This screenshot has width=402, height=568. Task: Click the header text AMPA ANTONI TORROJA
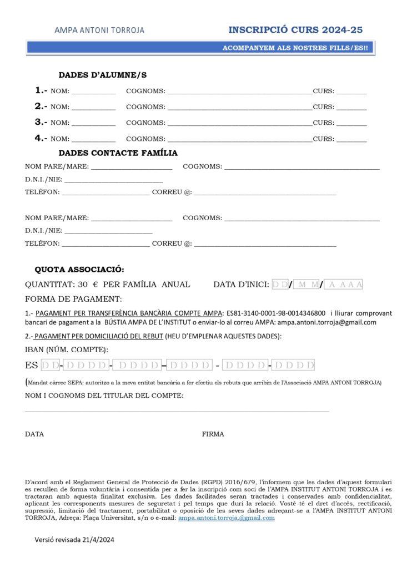[x=99, y=30]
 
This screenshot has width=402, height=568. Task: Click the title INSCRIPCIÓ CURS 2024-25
[x=295, y=29]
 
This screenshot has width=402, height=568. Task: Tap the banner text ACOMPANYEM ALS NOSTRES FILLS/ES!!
[x=295, y=48]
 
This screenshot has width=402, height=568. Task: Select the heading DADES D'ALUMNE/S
[x=102, y=75]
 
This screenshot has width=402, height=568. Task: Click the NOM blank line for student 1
[x=93, y=92]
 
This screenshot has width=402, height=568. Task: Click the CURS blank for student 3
[x=351, y=123]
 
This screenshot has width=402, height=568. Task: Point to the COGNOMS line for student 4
[x=239, y=139]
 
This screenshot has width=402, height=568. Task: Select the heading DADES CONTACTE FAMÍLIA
[x=118, y=153]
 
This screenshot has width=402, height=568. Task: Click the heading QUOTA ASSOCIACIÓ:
[x=79, y=270]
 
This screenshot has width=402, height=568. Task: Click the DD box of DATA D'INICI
[x=281, y=285]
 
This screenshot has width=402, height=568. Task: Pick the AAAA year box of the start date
[x=344, y=285]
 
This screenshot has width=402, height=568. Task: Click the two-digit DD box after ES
[x=51, y=365]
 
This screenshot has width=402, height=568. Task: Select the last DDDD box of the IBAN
[x=294, y=365]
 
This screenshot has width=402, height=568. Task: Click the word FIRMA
[x=213, y=434]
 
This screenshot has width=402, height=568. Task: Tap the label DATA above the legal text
[x=34, y=434]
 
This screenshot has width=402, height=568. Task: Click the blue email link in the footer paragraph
[x=226, y=518]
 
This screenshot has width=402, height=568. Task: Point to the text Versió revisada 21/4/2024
[x=74, y=539]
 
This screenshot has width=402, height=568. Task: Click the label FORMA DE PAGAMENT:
[x=73, y=299]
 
